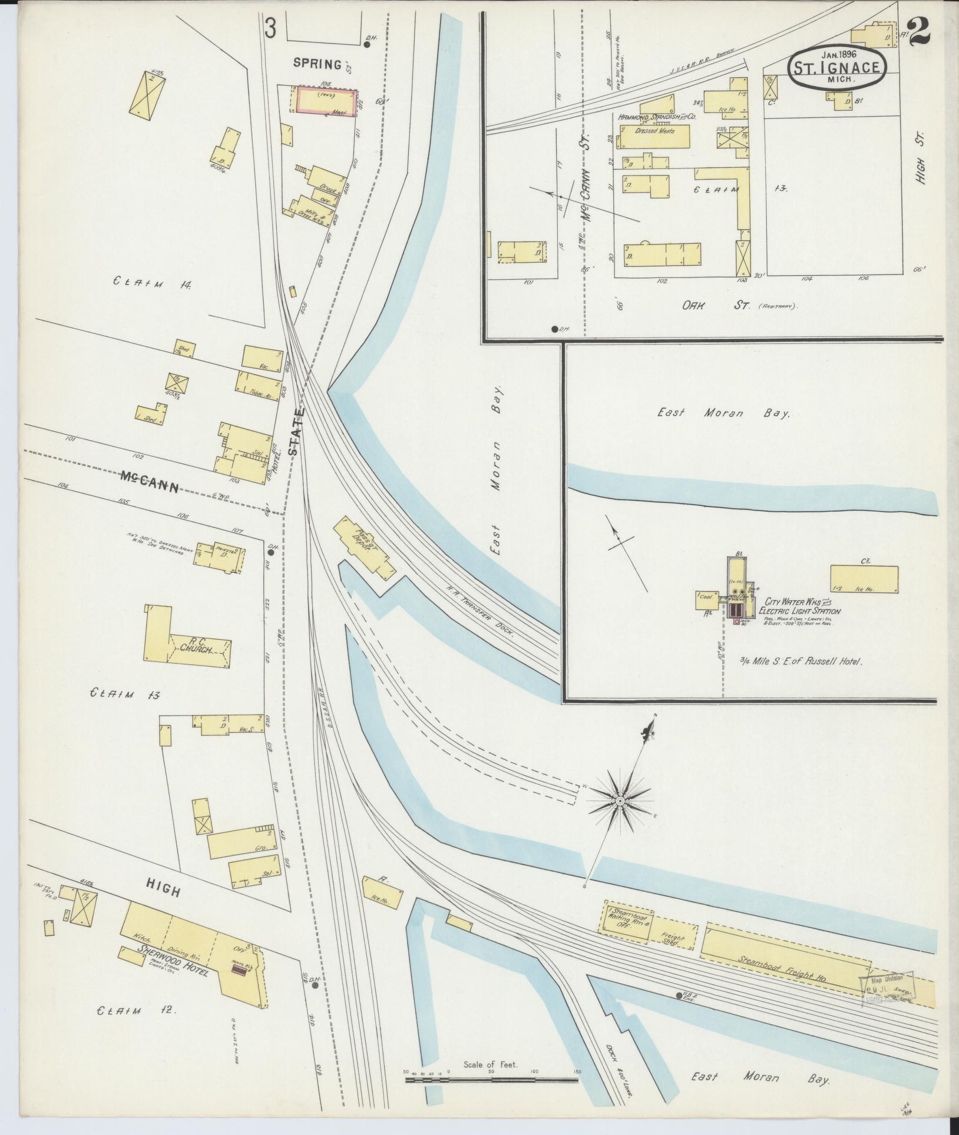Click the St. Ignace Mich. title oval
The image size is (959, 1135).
click(x=837, y=67)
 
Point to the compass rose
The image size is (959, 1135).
click(x=620, y=802)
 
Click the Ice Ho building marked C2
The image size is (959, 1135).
click(x=864, y=579)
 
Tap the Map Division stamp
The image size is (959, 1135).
click(x=889, y=988)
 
